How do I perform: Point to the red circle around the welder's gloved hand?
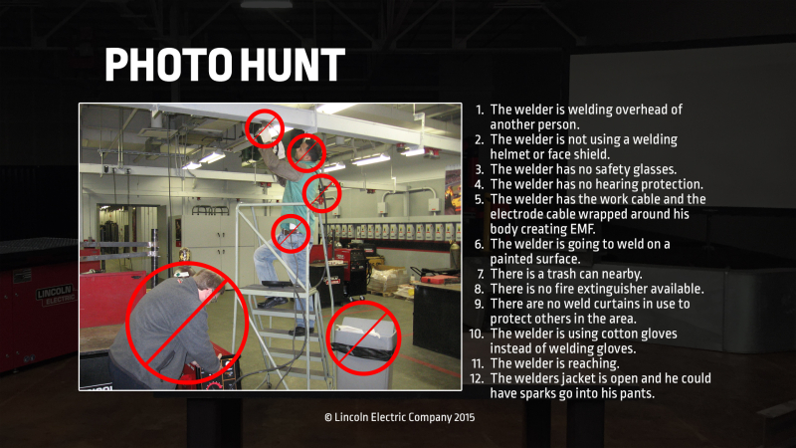[x=266, y=127]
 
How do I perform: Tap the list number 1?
[x=480, y=110]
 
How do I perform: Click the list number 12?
[x=478, y=378]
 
